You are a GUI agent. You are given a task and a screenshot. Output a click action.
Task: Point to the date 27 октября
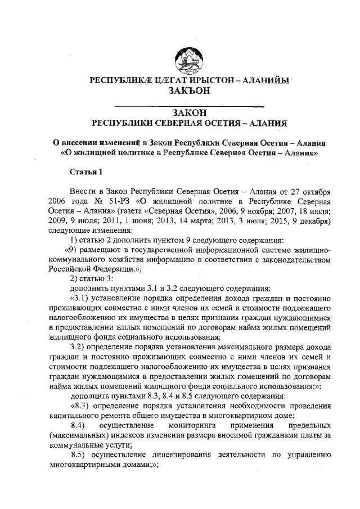[x=310, y=191]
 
